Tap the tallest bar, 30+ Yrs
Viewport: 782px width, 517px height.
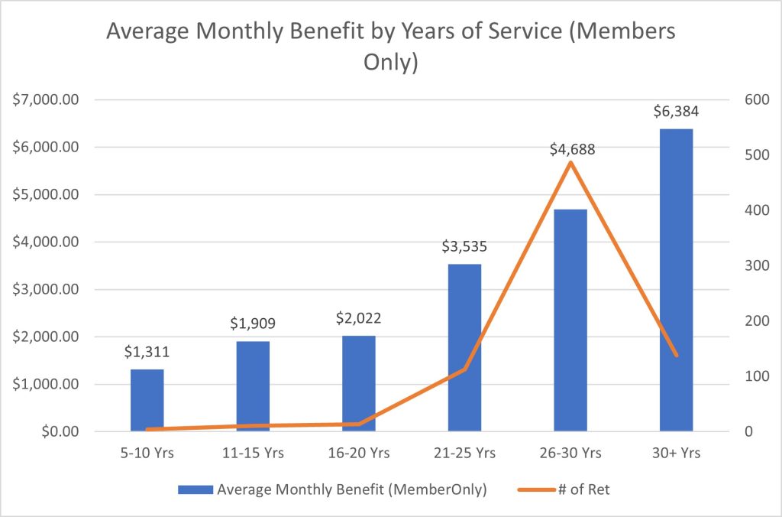click(676, 280)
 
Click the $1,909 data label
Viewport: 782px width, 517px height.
click(253, 324)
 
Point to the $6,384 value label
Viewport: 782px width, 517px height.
click(676, 112)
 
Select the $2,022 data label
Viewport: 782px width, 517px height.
click(359, 318)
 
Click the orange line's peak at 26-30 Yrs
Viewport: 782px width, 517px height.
click(570, 162)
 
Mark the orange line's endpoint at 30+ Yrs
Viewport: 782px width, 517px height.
click(676, 355)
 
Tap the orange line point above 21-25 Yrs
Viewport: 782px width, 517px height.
click(464, 369)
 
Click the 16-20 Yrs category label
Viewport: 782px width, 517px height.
click(359, 453)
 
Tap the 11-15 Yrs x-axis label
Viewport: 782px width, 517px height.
click(253, 453)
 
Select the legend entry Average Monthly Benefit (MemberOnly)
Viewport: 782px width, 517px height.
click(352, 490)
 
